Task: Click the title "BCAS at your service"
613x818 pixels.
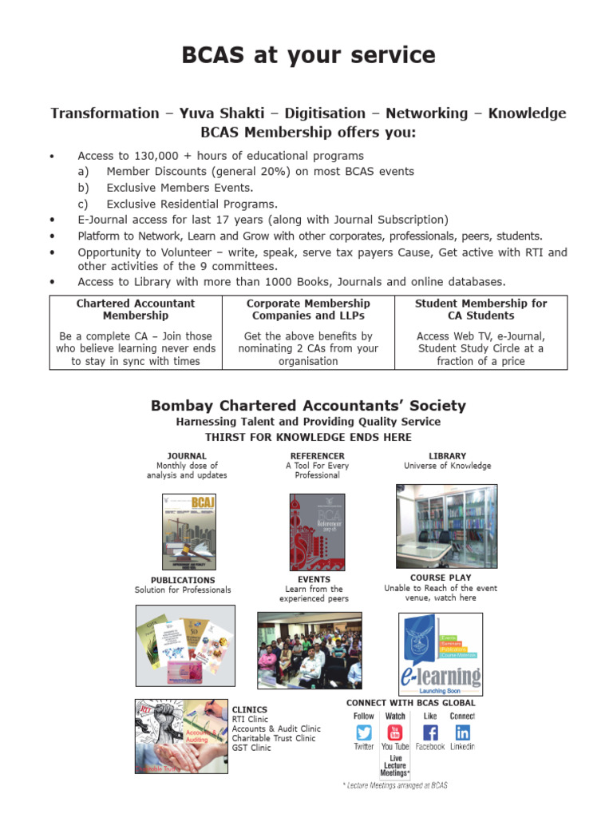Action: pos(308,55)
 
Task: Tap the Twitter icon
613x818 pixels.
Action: pos(364,733)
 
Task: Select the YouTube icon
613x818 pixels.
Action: pos(395,733)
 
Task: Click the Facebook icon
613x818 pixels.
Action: pos(430,733)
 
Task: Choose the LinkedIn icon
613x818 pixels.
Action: pos(462,733)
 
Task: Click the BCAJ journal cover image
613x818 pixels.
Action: pos(189,531)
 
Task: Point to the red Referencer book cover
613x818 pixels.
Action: pos(317,531)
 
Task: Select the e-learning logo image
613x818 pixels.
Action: pos(441,654)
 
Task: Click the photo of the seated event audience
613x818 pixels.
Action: pos(309,650)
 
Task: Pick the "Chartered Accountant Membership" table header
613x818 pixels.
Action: pos(136,309)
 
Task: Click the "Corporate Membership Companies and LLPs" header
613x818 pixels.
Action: pos(308,309)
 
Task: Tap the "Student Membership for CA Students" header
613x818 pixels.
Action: pos(481,309)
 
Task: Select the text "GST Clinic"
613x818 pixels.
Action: pos(251,748)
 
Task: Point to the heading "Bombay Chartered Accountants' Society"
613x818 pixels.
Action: pos(308,406)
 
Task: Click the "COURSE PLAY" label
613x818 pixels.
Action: pos(441,578)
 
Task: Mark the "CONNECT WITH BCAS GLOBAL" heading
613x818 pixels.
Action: pos(410,703)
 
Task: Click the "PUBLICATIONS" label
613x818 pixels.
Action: pos(183,580)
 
